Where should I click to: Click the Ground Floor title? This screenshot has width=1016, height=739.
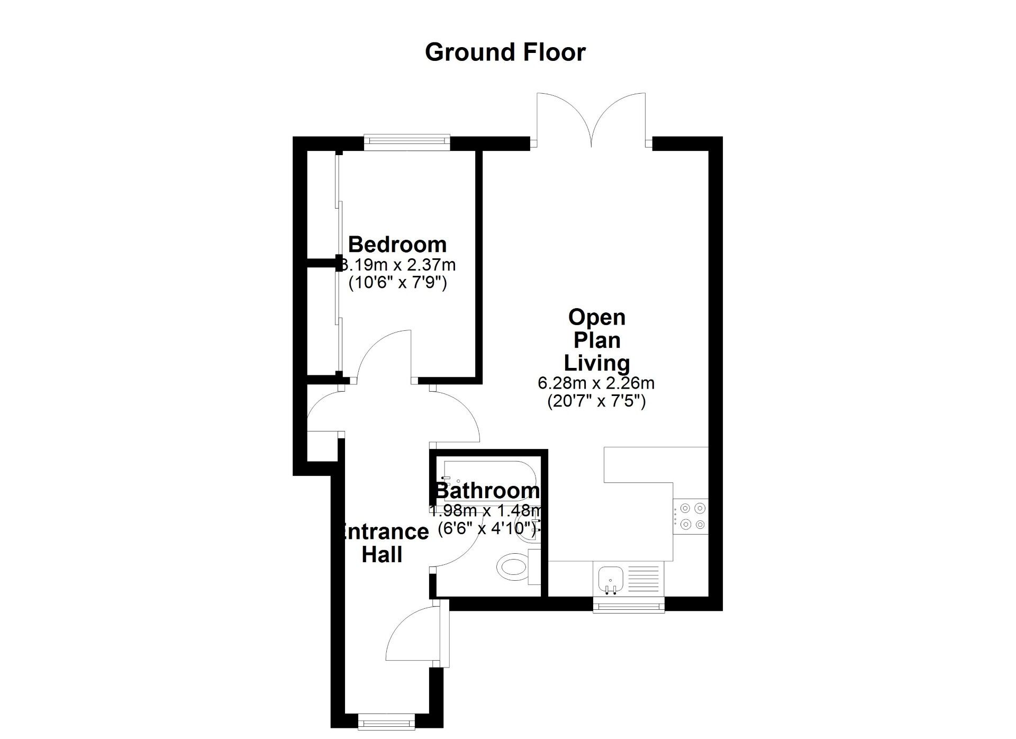pos(505,52)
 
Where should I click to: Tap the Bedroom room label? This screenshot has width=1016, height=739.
pos(397,245)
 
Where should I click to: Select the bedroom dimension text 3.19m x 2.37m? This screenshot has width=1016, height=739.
pos(398,264)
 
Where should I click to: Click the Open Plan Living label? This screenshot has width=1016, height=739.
pos(596,340)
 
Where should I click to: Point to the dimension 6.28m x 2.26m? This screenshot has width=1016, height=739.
pos(596,382)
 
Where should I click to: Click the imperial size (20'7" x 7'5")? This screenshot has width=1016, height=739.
pos(596,401)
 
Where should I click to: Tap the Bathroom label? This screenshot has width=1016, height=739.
pos(487,491)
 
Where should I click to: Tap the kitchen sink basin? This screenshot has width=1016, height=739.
pos(610,578)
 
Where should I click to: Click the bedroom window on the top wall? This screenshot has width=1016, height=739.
pos(407,140)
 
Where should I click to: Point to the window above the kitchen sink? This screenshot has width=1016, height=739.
pos(628,605)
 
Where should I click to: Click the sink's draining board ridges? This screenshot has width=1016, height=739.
pos(643,578)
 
